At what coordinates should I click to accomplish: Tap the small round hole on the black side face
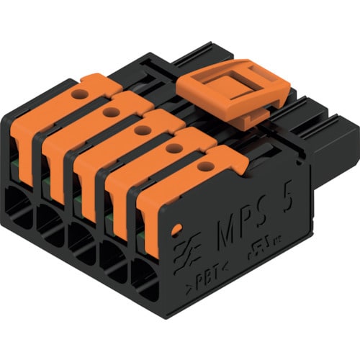pos(176,230)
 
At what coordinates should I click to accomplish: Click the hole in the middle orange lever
pos(143,130)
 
